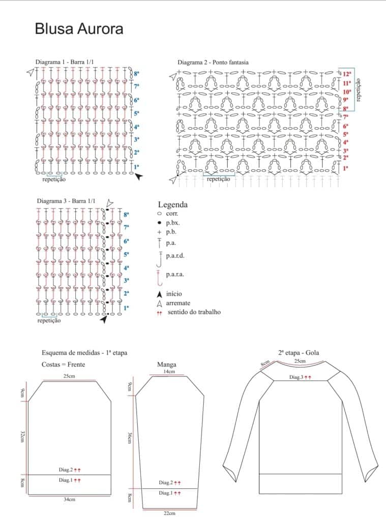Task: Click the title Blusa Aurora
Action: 79,29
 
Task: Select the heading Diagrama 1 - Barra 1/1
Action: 65,62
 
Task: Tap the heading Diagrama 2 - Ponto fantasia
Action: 213,63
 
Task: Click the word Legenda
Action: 173,205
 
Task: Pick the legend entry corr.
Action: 171,214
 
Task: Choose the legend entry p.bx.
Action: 172,223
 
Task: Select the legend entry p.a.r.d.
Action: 174,255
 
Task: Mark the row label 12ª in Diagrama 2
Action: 347,74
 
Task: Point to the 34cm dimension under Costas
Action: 69,500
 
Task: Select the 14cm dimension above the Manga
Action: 169,372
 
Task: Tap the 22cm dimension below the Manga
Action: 169,513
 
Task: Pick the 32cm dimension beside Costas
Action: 22,436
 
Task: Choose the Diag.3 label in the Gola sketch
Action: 296,377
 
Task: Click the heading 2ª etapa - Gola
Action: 299,353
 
